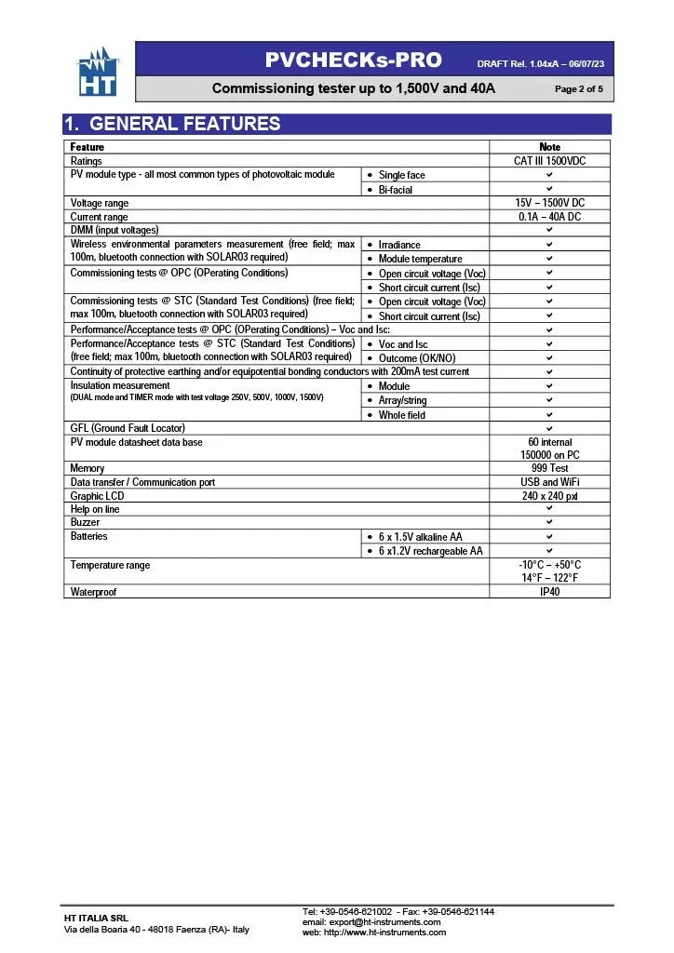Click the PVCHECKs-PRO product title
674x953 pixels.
pos(353,60)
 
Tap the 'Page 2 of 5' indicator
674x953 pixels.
pos(578,89)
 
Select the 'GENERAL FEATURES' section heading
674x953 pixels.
pos(184,124)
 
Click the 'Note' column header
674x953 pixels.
pos(549,147)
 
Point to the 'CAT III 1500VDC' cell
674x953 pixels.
pos(549,161)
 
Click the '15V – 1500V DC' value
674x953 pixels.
pos(549,203)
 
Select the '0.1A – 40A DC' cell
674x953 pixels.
pos(549,217)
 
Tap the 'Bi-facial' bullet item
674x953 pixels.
pos(395,190)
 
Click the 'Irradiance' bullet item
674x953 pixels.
pos(399,245)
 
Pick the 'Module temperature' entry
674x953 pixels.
pos(420,259)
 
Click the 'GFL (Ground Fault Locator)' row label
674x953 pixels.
pos(128,428)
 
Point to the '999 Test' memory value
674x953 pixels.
pos(549,468)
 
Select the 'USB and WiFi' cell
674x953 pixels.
pos(549,482)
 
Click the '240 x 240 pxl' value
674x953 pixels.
pos(549,496)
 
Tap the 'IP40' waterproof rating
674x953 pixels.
pos(549,592)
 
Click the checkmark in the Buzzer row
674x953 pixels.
pos(549,523)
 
